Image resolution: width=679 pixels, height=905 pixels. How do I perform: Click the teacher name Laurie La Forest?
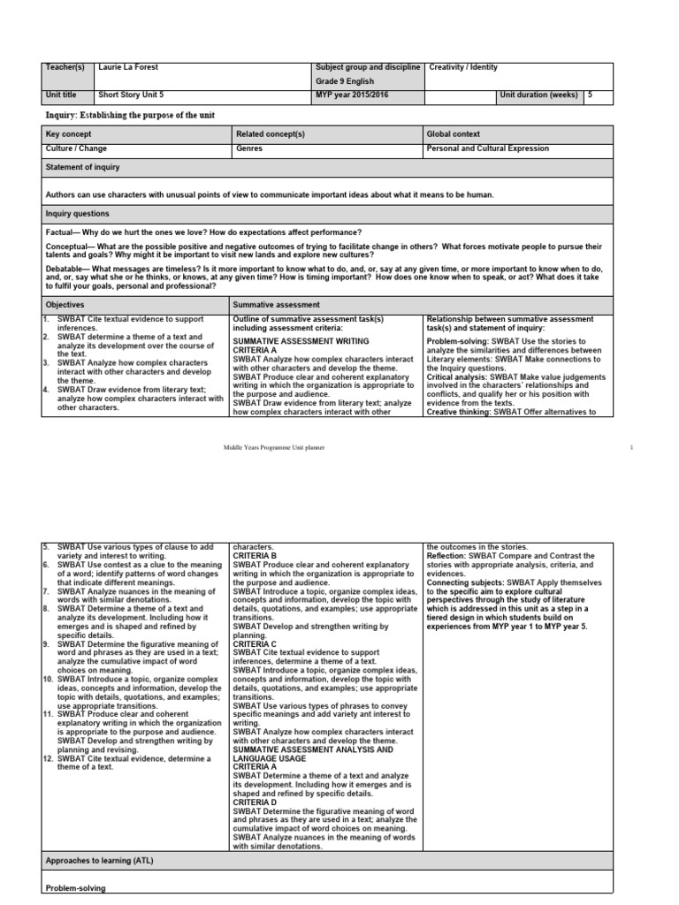click(x=129, y=67)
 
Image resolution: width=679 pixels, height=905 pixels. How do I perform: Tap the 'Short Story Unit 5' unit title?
click(x=133, y=95)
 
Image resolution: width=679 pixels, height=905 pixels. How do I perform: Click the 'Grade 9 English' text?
click(x=345, y=81)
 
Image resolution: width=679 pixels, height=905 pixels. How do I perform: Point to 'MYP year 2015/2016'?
click(x=351, y=95)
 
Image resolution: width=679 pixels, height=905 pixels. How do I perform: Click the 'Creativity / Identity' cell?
click(x=463, y=67)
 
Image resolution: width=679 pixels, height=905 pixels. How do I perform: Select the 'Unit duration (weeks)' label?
click(x=538, y=95)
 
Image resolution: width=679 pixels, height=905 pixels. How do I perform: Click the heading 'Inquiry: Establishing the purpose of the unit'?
click(x=130, y=116)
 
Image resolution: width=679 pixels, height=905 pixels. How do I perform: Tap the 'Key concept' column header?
click(x=68, y=133)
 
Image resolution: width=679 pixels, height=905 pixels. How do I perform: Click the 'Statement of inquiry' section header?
click(x=82, y=167)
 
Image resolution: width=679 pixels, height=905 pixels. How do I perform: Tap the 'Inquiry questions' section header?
click(x=77, y=214)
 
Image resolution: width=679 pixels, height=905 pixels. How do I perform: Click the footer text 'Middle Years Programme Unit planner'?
click(x=274, y=448)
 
